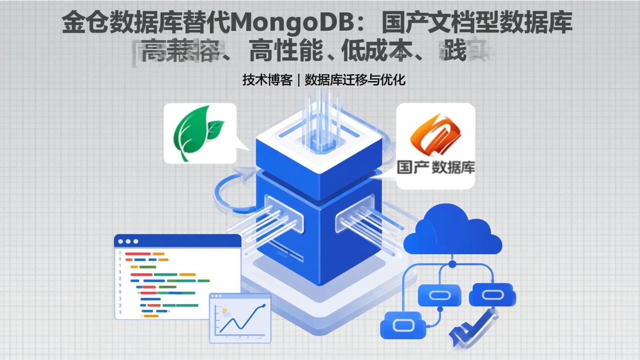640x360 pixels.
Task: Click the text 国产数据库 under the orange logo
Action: click(x=436, y=168)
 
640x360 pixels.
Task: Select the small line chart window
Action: click(x=240, y=317)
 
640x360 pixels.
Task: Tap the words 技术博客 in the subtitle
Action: click(x=267, y=80)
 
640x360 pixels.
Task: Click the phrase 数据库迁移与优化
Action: click(x=355, y=80)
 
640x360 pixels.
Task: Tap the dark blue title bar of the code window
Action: click(x=178, y=241)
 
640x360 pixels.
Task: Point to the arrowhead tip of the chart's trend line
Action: click(x=265, y=305)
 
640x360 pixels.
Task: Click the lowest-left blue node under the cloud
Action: click(x=403, y=325)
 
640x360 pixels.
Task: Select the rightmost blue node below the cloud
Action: click(x=492, y=295)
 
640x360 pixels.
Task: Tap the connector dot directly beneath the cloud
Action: click(x=452, y=264)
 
